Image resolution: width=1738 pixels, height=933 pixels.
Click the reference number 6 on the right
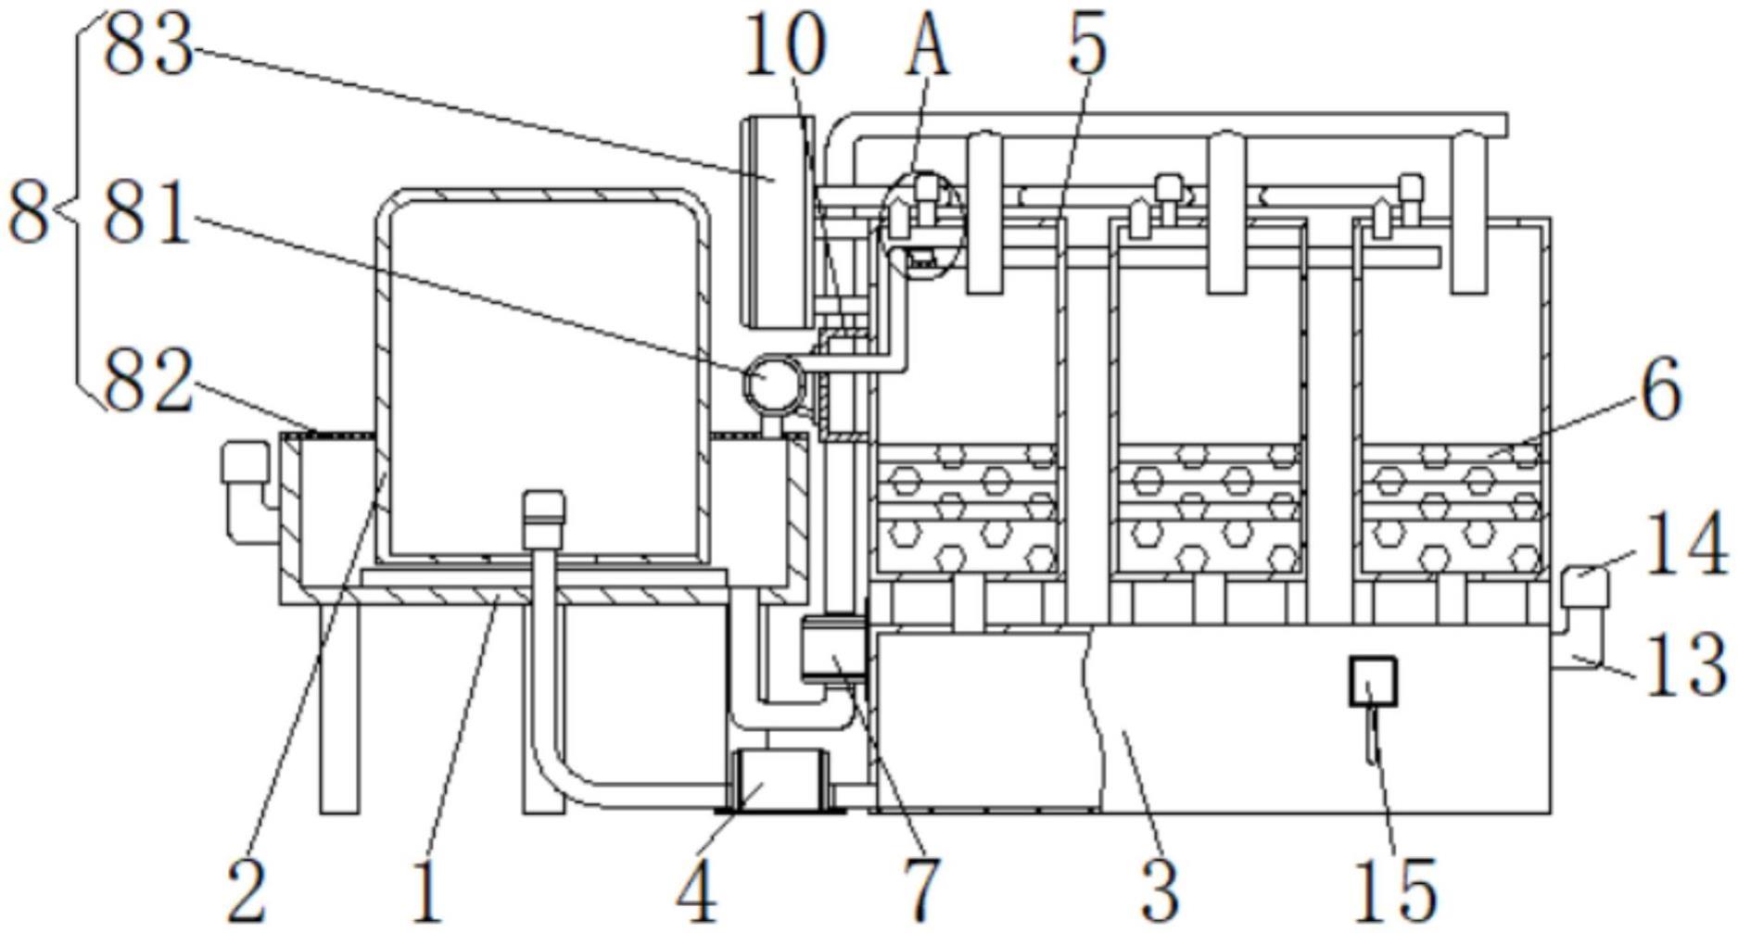click(1660, 391)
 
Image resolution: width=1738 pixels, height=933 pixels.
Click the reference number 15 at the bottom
click(1395, 889)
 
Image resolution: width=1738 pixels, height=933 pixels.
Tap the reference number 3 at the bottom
click(1160, 889)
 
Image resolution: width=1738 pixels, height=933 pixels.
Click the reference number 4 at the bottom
click(696, 889)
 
